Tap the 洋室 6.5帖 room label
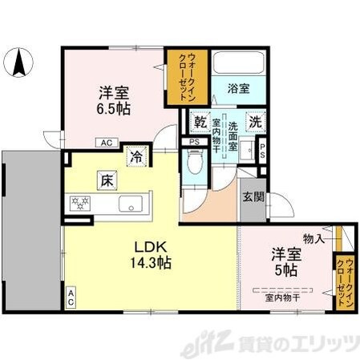[115, 99]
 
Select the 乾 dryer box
[199, 123]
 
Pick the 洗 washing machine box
[253, 123]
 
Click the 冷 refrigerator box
[137, 156]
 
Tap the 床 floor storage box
[106, 180]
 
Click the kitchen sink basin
[131, 204]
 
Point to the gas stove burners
[80, 204]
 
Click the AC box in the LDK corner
[71, 297]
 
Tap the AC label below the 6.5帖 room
[106, 143]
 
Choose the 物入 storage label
[313, 238]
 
